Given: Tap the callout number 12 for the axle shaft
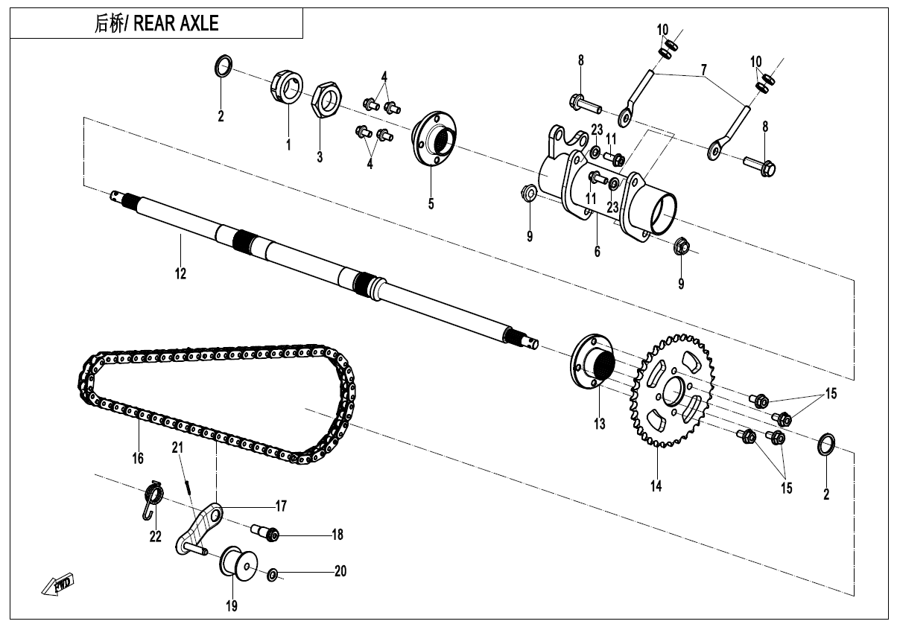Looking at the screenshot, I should tap(180, 273).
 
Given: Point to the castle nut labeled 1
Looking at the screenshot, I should tap(286, 90).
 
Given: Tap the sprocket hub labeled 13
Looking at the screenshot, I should tap(594, 363).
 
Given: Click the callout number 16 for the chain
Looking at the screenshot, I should tap(138, 459).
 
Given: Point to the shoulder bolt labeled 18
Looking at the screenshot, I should tap(266, 533).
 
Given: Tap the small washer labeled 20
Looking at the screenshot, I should tap(273, 574).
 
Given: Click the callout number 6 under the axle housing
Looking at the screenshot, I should tap(597, 252).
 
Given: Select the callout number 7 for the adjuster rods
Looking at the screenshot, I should tap(703, 71).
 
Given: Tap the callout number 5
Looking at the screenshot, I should tap(431, 203).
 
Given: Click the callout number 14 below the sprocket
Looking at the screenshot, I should tap(656, 486).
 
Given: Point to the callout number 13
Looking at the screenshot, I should tap(600, 424).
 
